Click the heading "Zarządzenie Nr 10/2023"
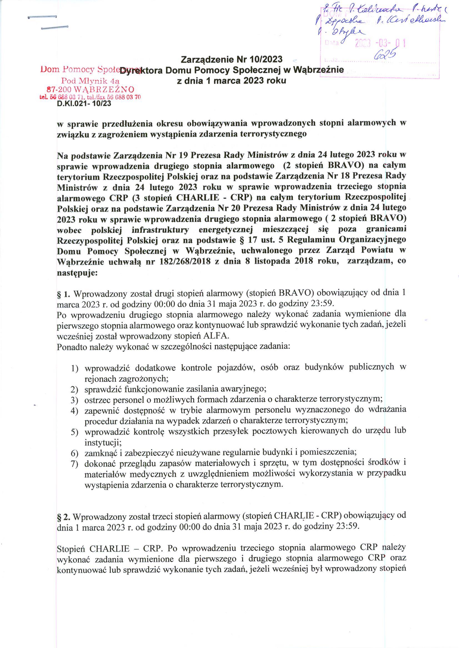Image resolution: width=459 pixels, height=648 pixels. [x=232, y=59]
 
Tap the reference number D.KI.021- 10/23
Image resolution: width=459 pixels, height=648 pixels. [x=84, y=104]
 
